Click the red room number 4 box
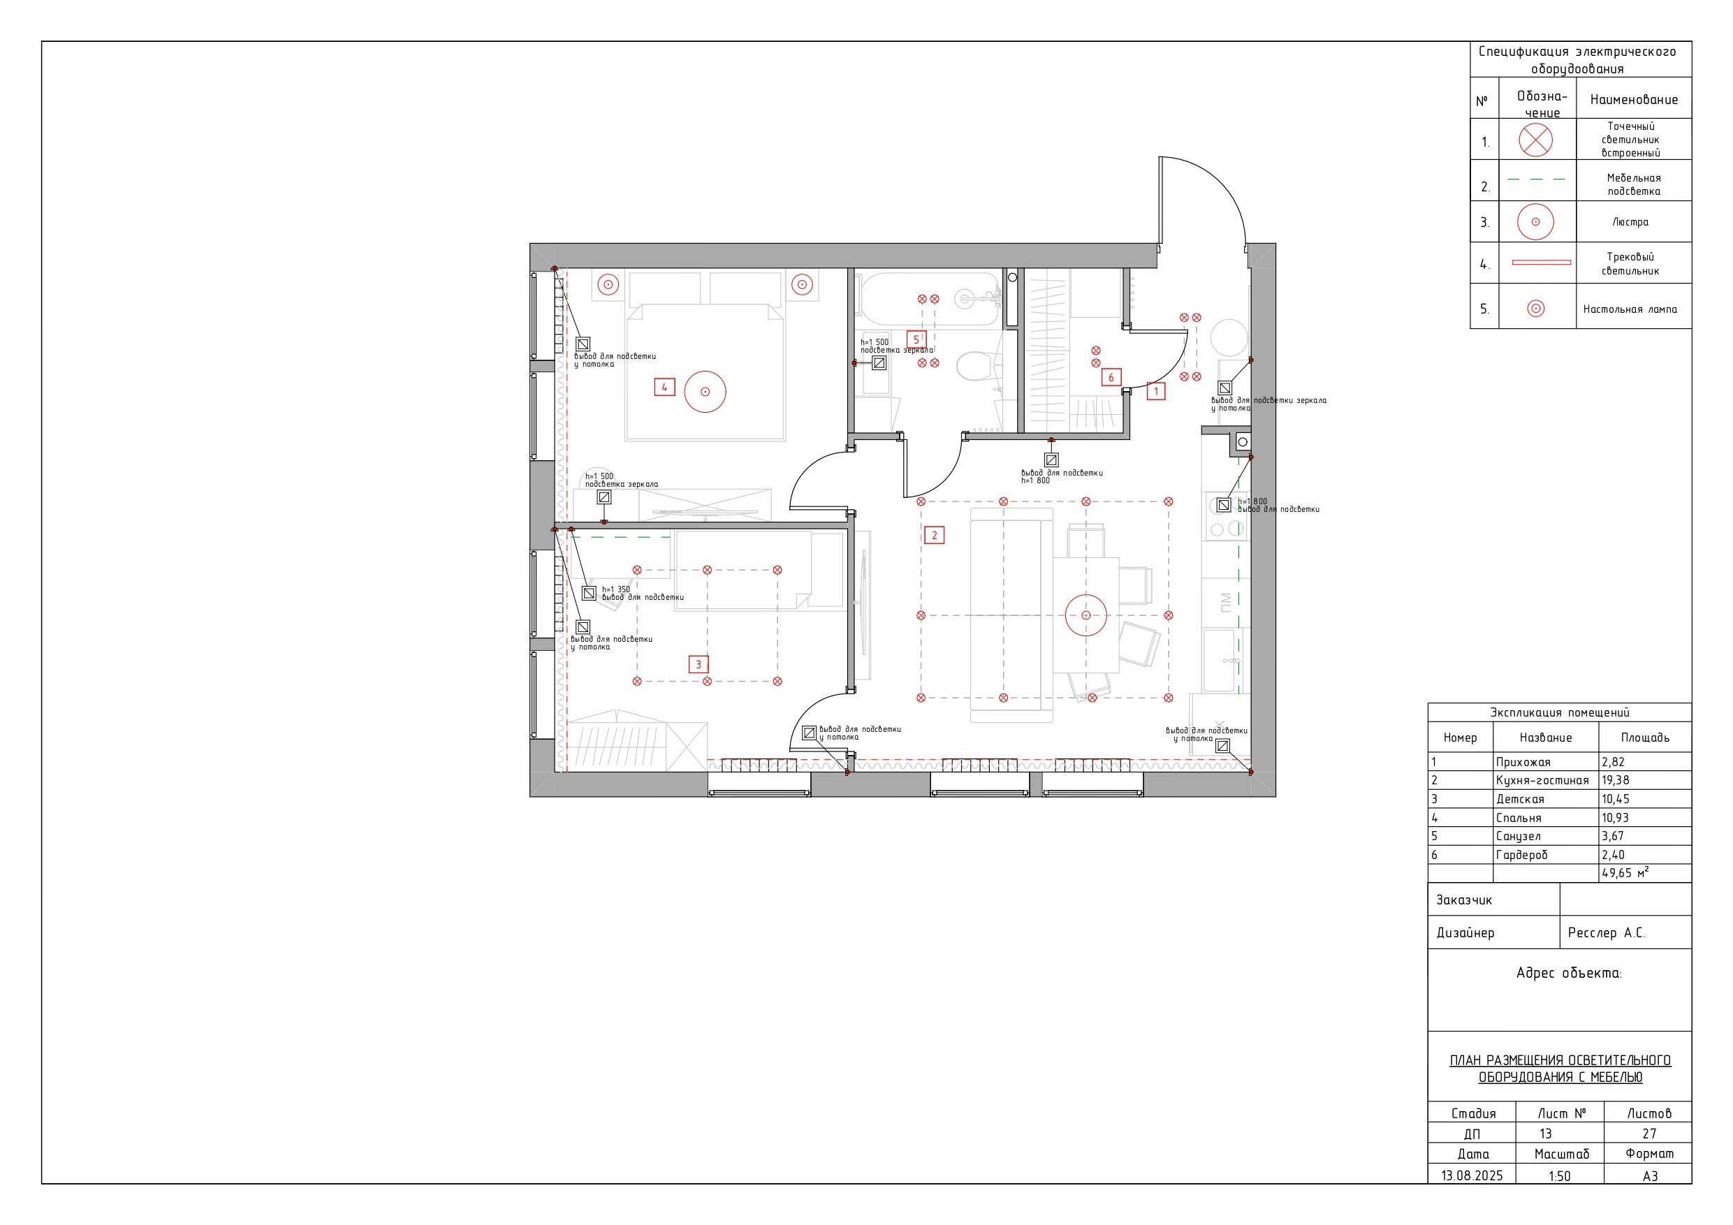(664, 387)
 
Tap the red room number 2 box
(935, 535)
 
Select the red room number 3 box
(699, 664)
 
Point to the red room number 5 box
(916, 339)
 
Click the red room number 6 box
(1111, 377)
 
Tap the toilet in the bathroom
(974, 366)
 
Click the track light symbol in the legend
(1542, 263)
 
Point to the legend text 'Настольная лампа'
(1630, 309)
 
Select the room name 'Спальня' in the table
(1519, 818)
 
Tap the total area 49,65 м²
(1625, 872)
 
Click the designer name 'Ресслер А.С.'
(1606, 933)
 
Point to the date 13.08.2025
(1472, 1176)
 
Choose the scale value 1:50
(1559, 1176)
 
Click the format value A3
(1650, 1176)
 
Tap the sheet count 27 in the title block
(1649, 1134)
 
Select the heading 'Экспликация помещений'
(1559, 712)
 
